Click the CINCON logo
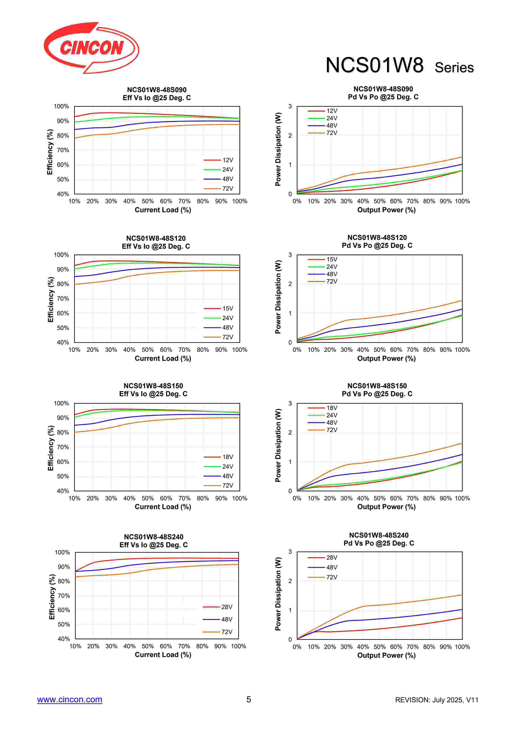click(91, 48)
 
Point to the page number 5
click(249, 699)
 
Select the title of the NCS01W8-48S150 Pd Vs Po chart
click(377, 390)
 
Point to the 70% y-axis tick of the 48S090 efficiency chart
click(63, 150)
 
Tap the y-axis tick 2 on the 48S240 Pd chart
click(290, 581)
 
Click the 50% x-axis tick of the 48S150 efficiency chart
click(148, 498)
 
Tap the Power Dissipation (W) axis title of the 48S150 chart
click(278, 445)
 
